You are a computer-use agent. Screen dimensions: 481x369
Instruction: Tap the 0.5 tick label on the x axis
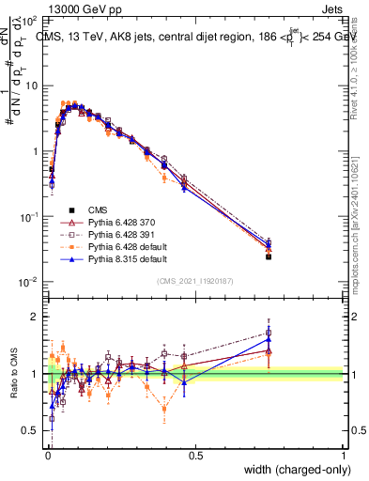(195, 456)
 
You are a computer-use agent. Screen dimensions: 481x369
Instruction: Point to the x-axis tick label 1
(344, 456)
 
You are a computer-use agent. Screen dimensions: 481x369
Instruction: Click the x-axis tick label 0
(47, 456)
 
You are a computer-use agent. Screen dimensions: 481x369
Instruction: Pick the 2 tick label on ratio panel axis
(36, 317)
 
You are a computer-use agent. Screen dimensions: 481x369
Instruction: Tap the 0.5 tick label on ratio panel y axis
(31, 430)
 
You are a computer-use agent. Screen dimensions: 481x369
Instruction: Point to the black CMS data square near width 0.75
(269, 256)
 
